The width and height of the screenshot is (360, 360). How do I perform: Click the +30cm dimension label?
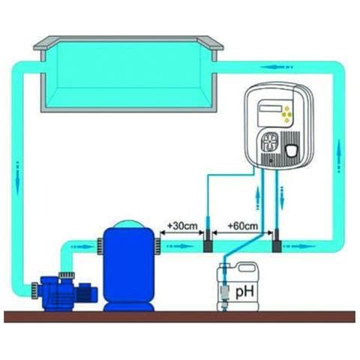click(x=182, y=226)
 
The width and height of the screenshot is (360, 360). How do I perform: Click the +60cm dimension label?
click(x=243, y=226)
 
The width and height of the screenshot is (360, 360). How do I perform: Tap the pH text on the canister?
click(x=244, y=292)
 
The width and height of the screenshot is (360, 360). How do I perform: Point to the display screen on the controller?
click(x=271, y=108)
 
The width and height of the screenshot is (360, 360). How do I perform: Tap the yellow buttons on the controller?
click(x=286, y=115)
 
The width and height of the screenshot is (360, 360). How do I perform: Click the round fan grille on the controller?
click(x=269, y=142)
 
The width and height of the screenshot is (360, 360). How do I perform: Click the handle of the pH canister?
click(x=247, y=268)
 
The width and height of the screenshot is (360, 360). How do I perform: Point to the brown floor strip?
click(x=179, y=316)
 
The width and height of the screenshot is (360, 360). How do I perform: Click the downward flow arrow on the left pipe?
click(x=18, y=179)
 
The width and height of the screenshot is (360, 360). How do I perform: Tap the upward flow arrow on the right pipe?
click(x=339, y=156)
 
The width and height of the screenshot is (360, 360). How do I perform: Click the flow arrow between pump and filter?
click(x=82, y=247)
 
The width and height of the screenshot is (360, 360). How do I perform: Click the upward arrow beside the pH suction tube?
click(x=258, y=197)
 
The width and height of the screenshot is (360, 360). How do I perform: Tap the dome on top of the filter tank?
click(x=129, y=223)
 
